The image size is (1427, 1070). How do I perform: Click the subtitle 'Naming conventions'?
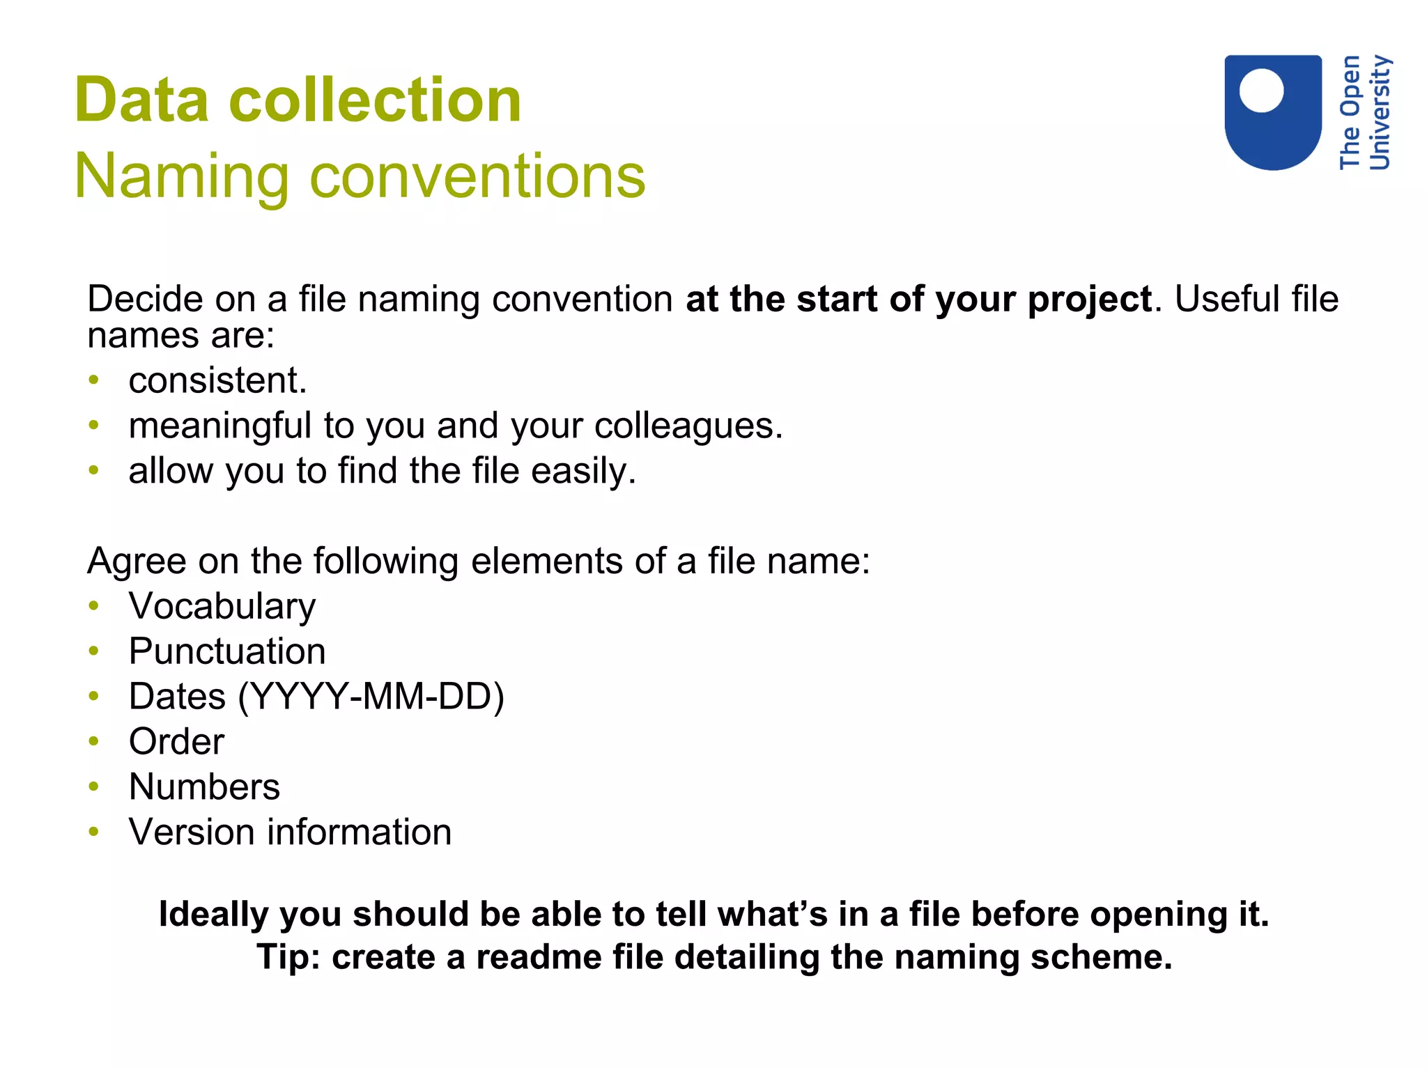pos(360,176)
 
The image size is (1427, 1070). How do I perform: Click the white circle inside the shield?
pos(1261,91)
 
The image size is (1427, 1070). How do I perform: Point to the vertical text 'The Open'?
pos(1350,111)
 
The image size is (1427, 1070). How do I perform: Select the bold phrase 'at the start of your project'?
pos(918,300)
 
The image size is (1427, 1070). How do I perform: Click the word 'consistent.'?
pos(217,381)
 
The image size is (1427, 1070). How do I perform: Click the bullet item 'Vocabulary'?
pos(222,606)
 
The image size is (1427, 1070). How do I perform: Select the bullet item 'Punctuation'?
pos(227,651)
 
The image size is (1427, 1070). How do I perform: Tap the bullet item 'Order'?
pos(176,741)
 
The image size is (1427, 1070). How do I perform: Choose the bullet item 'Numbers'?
pos(204,787)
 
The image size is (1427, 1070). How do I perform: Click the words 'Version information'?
pos(290,832)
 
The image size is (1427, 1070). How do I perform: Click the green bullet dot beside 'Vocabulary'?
pos(94,606)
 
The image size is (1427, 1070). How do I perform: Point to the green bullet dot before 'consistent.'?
pos(94,380)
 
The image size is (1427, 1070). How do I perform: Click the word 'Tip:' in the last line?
pos(288,957)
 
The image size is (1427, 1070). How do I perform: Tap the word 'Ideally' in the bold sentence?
pos(213,914)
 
